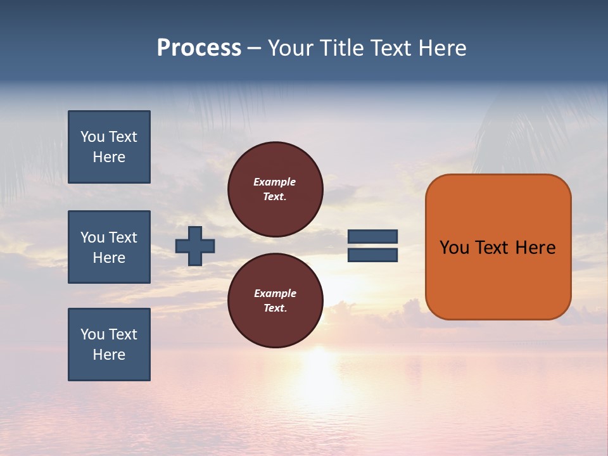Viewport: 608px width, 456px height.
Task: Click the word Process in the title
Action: pyautogui.click(x=199, y=48)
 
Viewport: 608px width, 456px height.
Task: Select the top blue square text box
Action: pyautogui.click(x=109, y=147)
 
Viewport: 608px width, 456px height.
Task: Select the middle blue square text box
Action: pyautogui.click(x=109, y=247)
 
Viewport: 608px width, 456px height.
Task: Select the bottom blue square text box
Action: pyautogui.click(x=109, y=345)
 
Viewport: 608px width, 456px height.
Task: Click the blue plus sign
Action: pyautogui.click(x=195, y=246)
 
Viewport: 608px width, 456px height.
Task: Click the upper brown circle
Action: pyautogui.click(x=275, y=189)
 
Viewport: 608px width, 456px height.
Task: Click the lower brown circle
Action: pyautogui.click(x=275, y=301)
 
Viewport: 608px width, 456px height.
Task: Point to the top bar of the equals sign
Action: pyautogui.click(x=372, y=237)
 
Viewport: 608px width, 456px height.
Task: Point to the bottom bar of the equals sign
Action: pyautogui.click(x=372, y=255)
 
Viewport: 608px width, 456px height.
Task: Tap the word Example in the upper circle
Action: pyautogui.click(x=274, y=182)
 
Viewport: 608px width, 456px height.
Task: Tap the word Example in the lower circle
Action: pyautogui.click(x=275, y=293)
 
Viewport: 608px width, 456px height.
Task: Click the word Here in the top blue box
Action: pyautogui.click(x=109, y=157)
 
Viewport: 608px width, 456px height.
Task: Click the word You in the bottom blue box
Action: pyautogui.click(x=92, y=334)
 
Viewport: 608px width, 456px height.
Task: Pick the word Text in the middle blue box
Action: pyautogui.click(x=123, y=237)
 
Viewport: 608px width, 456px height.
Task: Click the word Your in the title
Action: pyautogui.click(x=291, y=48)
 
